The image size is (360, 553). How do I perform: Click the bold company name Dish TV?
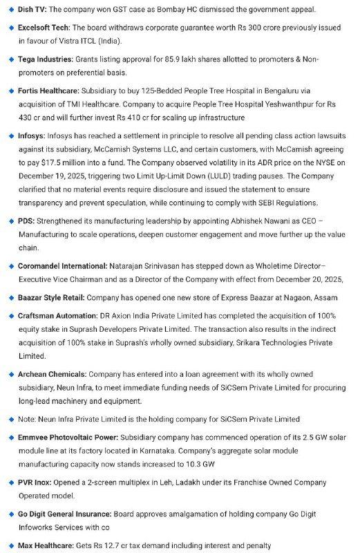(x=32, y=10)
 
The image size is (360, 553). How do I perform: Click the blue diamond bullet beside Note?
(x=10, y=420)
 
